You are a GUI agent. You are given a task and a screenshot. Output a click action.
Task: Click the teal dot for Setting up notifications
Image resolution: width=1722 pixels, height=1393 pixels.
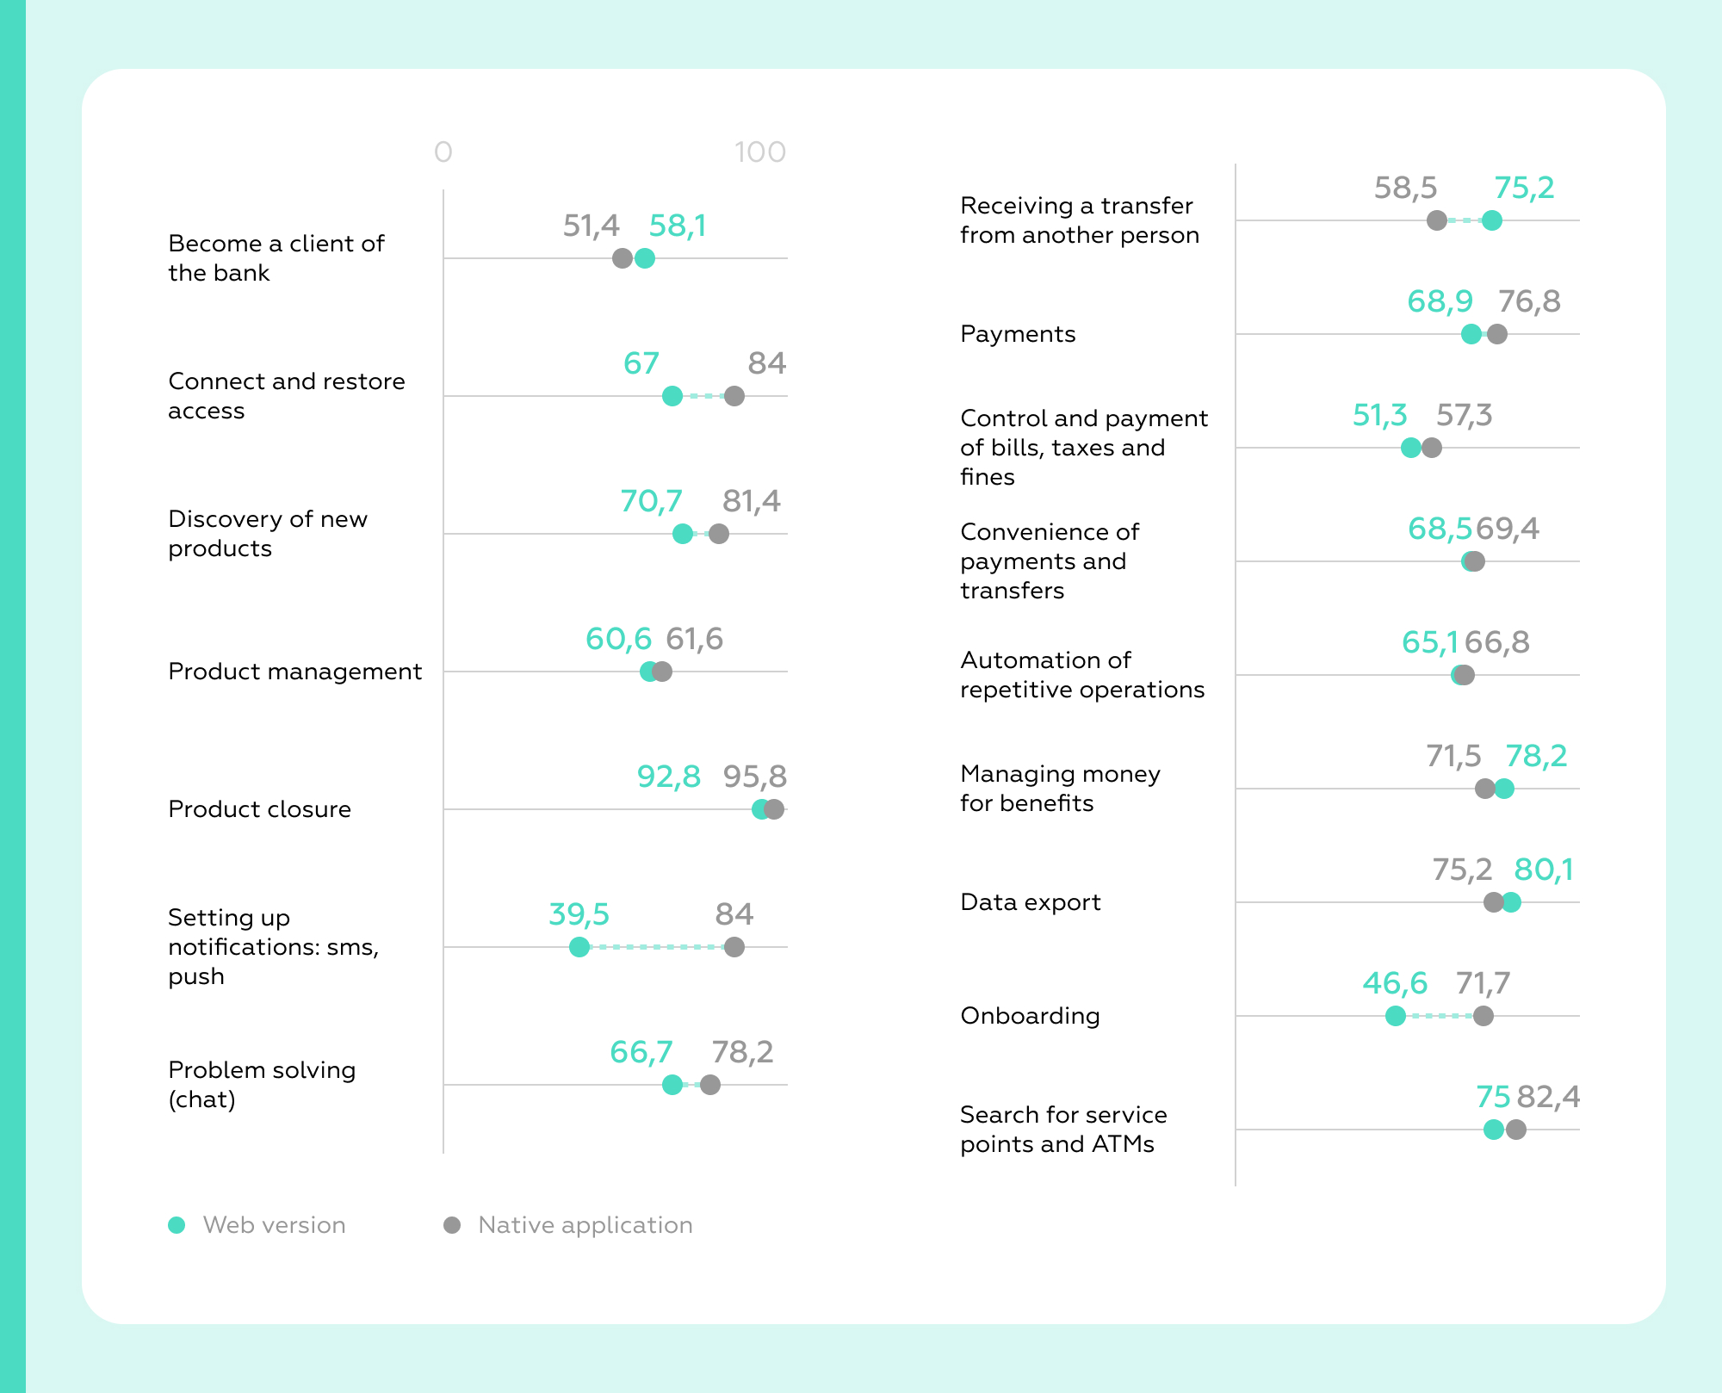tap(579, 947)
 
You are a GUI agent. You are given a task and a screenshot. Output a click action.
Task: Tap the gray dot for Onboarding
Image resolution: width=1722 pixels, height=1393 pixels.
tap(1483, 1016)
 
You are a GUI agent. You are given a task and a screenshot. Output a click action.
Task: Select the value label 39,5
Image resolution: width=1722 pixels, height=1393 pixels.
tap(579, 914)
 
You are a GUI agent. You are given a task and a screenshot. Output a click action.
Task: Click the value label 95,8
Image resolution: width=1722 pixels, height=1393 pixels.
tap(754, 777)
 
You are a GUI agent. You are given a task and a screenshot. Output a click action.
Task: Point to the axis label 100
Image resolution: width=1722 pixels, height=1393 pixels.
tap(759, 152)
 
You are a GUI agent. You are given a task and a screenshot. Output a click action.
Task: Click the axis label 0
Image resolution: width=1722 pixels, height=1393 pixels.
tap(443, 152)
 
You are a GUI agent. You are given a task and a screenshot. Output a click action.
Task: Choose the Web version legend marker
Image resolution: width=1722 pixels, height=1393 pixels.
tap(177, 1225)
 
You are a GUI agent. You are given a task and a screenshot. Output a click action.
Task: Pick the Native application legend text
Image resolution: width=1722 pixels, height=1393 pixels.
tap(585, 1225)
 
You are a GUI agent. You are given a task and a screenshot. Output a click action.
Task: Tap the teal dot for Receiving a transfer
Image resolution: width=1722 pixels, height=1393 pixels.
tap(1492, 220)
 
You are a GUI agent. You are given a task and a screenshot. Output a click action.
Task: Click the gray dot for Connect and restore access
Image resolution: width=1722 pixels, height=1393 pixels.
tap(734, 396)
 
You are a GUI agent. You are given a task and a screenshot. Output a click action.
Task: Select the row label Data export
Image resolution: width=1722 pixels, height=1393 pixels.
tap(1031, 902)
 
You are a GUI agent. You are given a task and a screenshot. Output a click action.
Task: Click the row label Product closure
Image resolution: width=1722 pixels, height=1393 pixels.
tap(259, 809)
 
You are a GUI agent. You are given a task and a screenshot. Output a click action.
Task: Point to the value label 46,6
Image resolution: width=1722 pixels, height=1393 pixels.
tap(1395, 983)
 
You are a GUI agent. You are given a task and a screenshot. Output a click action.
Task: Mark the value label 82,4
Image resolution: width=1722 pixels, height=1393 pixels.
tap(1548, 1097)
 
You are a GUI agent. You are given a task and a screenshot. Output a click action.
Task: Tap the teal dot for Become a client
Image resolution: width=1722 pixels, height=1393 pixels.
tap(644, 258)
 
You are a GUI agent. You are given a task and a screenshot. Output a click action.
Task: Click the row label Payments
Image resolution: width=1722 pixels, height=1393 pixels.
tap(1018, 334)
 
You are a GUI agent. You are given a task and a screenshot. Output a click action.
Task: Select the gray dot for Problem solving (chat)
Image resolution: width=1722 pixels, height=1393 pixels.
tap(709, 1085)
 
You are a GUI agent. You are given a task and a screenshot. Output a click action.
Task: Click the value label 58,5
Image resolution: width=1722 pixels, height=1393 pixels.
tap(1405, 188)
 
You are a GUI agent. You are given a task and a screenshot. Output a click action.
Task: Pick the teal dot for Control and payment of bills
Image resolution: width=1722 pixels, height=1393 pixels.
tap(1410, 448)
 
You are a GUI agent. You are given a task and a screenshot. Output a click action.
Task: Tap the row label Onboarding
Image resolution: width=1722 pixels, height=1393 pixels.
tap(1030, 1016)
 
